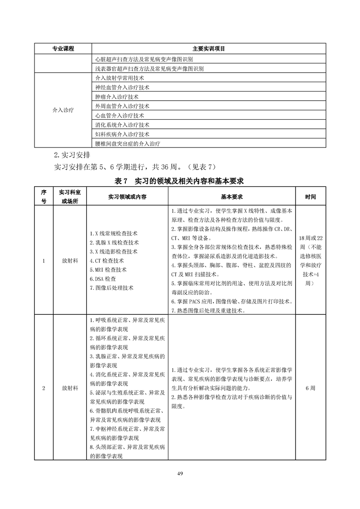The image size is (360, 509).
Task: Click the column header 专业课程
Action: coord(63,49)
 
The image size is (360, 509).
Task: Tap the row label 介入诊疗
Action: coord(63,110)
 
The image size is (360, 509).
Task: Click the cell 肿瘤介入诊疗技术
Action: coord(117,97)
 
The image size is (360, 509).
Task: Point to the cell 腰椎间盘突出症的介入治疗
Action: coord(128,144)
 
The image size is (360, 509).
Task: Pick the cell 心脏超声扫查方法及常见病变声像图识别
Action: coord(144,59)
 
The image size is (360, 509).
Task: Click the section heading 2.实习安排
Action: coord(72,154)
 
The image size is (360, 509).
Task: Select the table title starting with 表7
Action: coord(180,181)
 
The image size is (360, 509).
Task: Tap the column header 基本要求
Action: coord(232,197)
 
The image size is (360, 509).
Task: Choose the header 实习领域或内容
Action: coord(128,197)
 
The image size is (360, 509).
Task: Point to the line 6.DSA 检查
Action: coord(103,279)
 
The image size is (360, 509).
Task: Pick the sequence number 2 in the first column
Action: coord(44,388)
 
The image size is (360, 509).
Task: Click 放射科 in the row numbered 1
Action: coord(70,261)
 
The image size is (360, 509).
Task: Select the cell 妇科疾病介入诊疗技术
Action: coord(123,134)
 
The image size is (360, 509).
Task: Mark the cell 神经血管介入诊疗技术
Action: coord(123,87)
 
